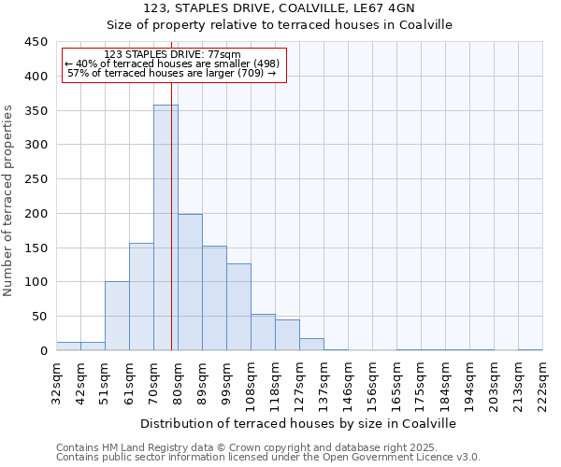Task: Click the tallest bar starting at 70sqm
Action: click(165, 228)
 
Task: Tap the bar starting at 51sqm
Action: click(117, 316)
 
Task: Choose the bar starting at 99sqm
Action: click(238, 307)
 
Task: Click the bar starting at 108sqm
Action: click(263, 333)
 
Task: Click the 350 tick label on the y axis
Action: click(36, 111)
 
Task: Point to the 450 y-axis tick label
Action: click(36, 42)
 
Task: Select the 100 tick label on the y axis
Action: click(36, 282)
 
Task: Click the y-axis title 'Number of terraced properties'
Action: click(8, 201)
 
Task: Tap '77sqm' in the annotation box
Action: click(223, 54)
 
